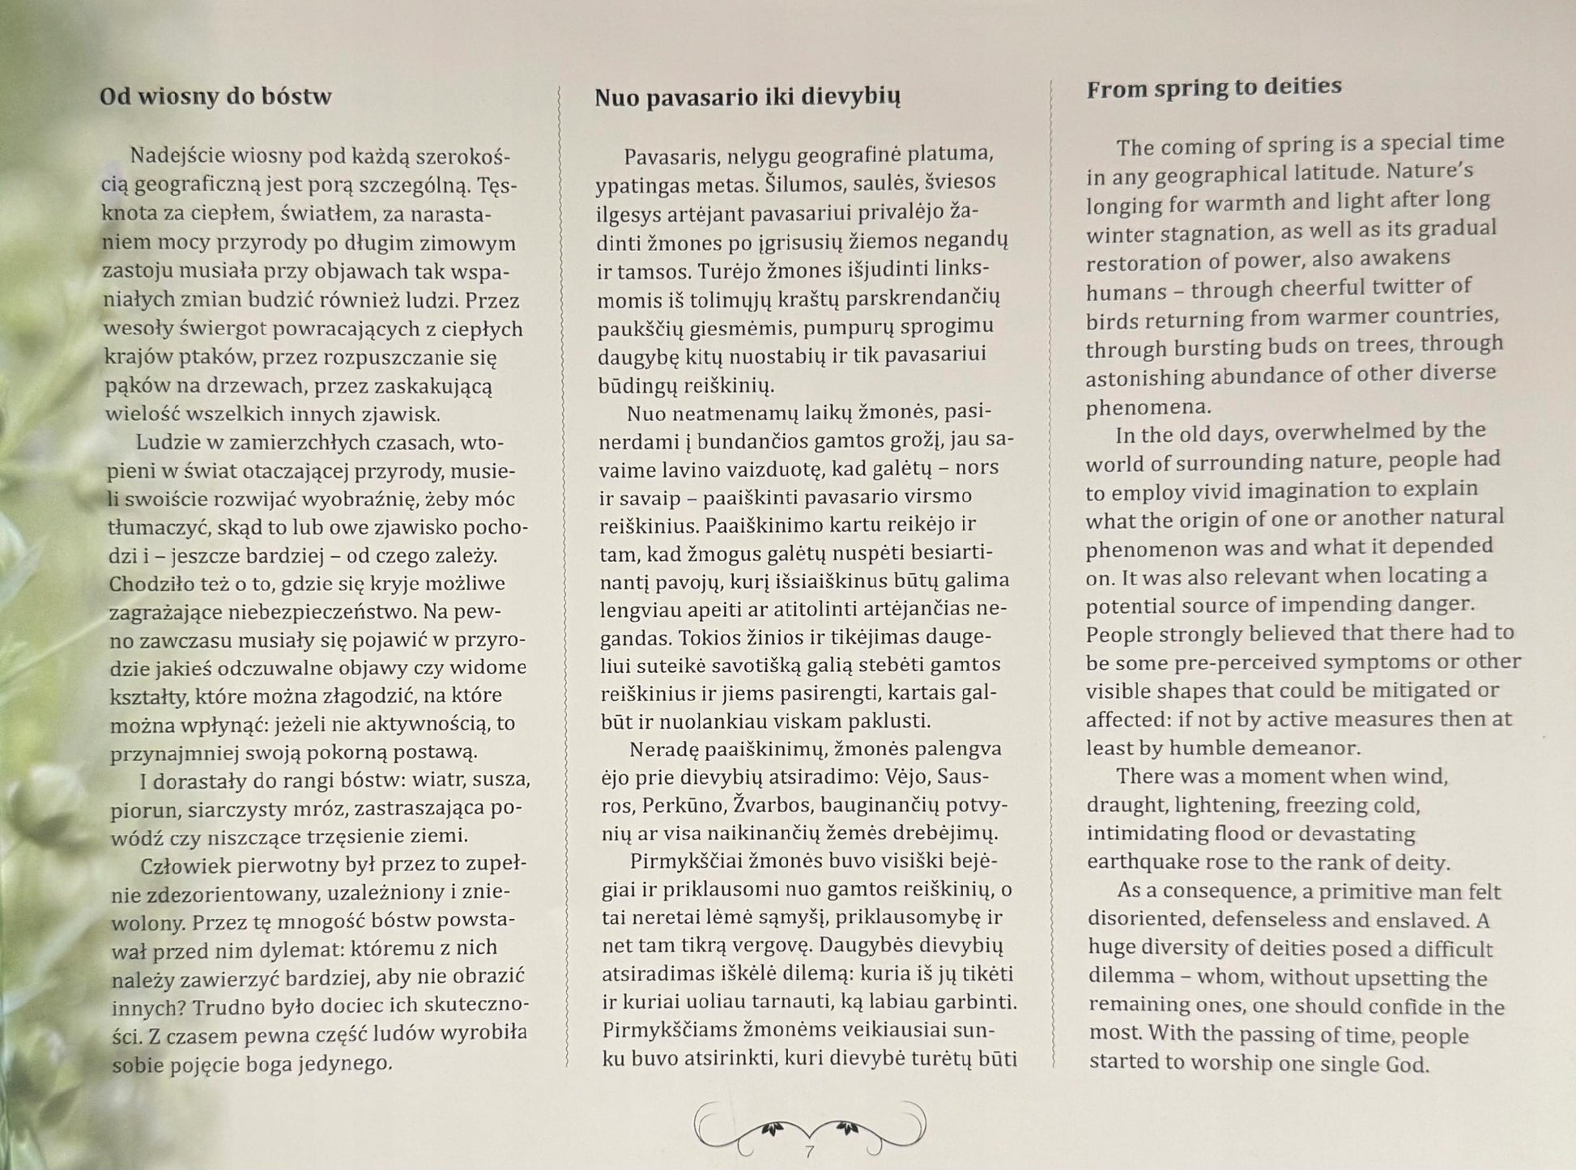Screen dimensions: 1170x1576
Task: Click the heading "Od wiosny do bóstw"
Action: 215,97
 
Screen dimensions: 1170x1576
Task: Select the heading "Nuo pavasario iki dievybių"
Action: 747,97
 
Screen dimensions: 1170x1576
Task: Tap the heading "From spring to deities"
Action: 1213,87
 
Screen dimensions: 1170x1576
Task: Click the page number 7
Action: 809,1151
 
